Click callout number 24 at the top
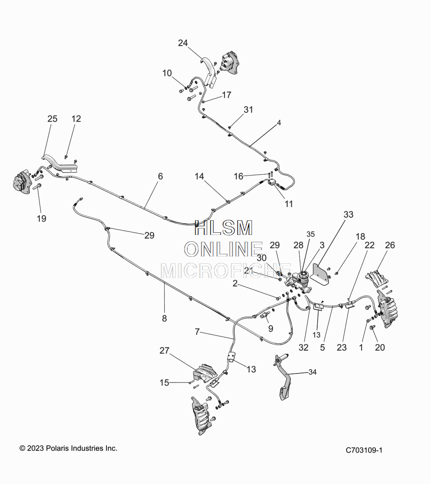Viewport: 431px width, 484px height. pos(183,43)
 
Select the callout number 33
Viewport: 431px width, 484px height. pos(348,214)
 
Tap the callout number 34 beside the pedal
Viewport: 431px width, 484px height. pos(312,372)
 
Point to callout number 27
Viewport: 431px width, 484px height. pos(164,351)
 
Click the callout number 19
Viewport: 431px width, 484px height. pos(41,219)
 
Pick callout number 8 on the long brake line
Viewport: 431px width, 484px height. pos(164,319)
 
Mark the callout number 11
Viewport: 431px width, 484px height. pos(289,204)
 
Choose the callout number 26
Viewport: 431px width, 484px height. pos(390,246)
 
